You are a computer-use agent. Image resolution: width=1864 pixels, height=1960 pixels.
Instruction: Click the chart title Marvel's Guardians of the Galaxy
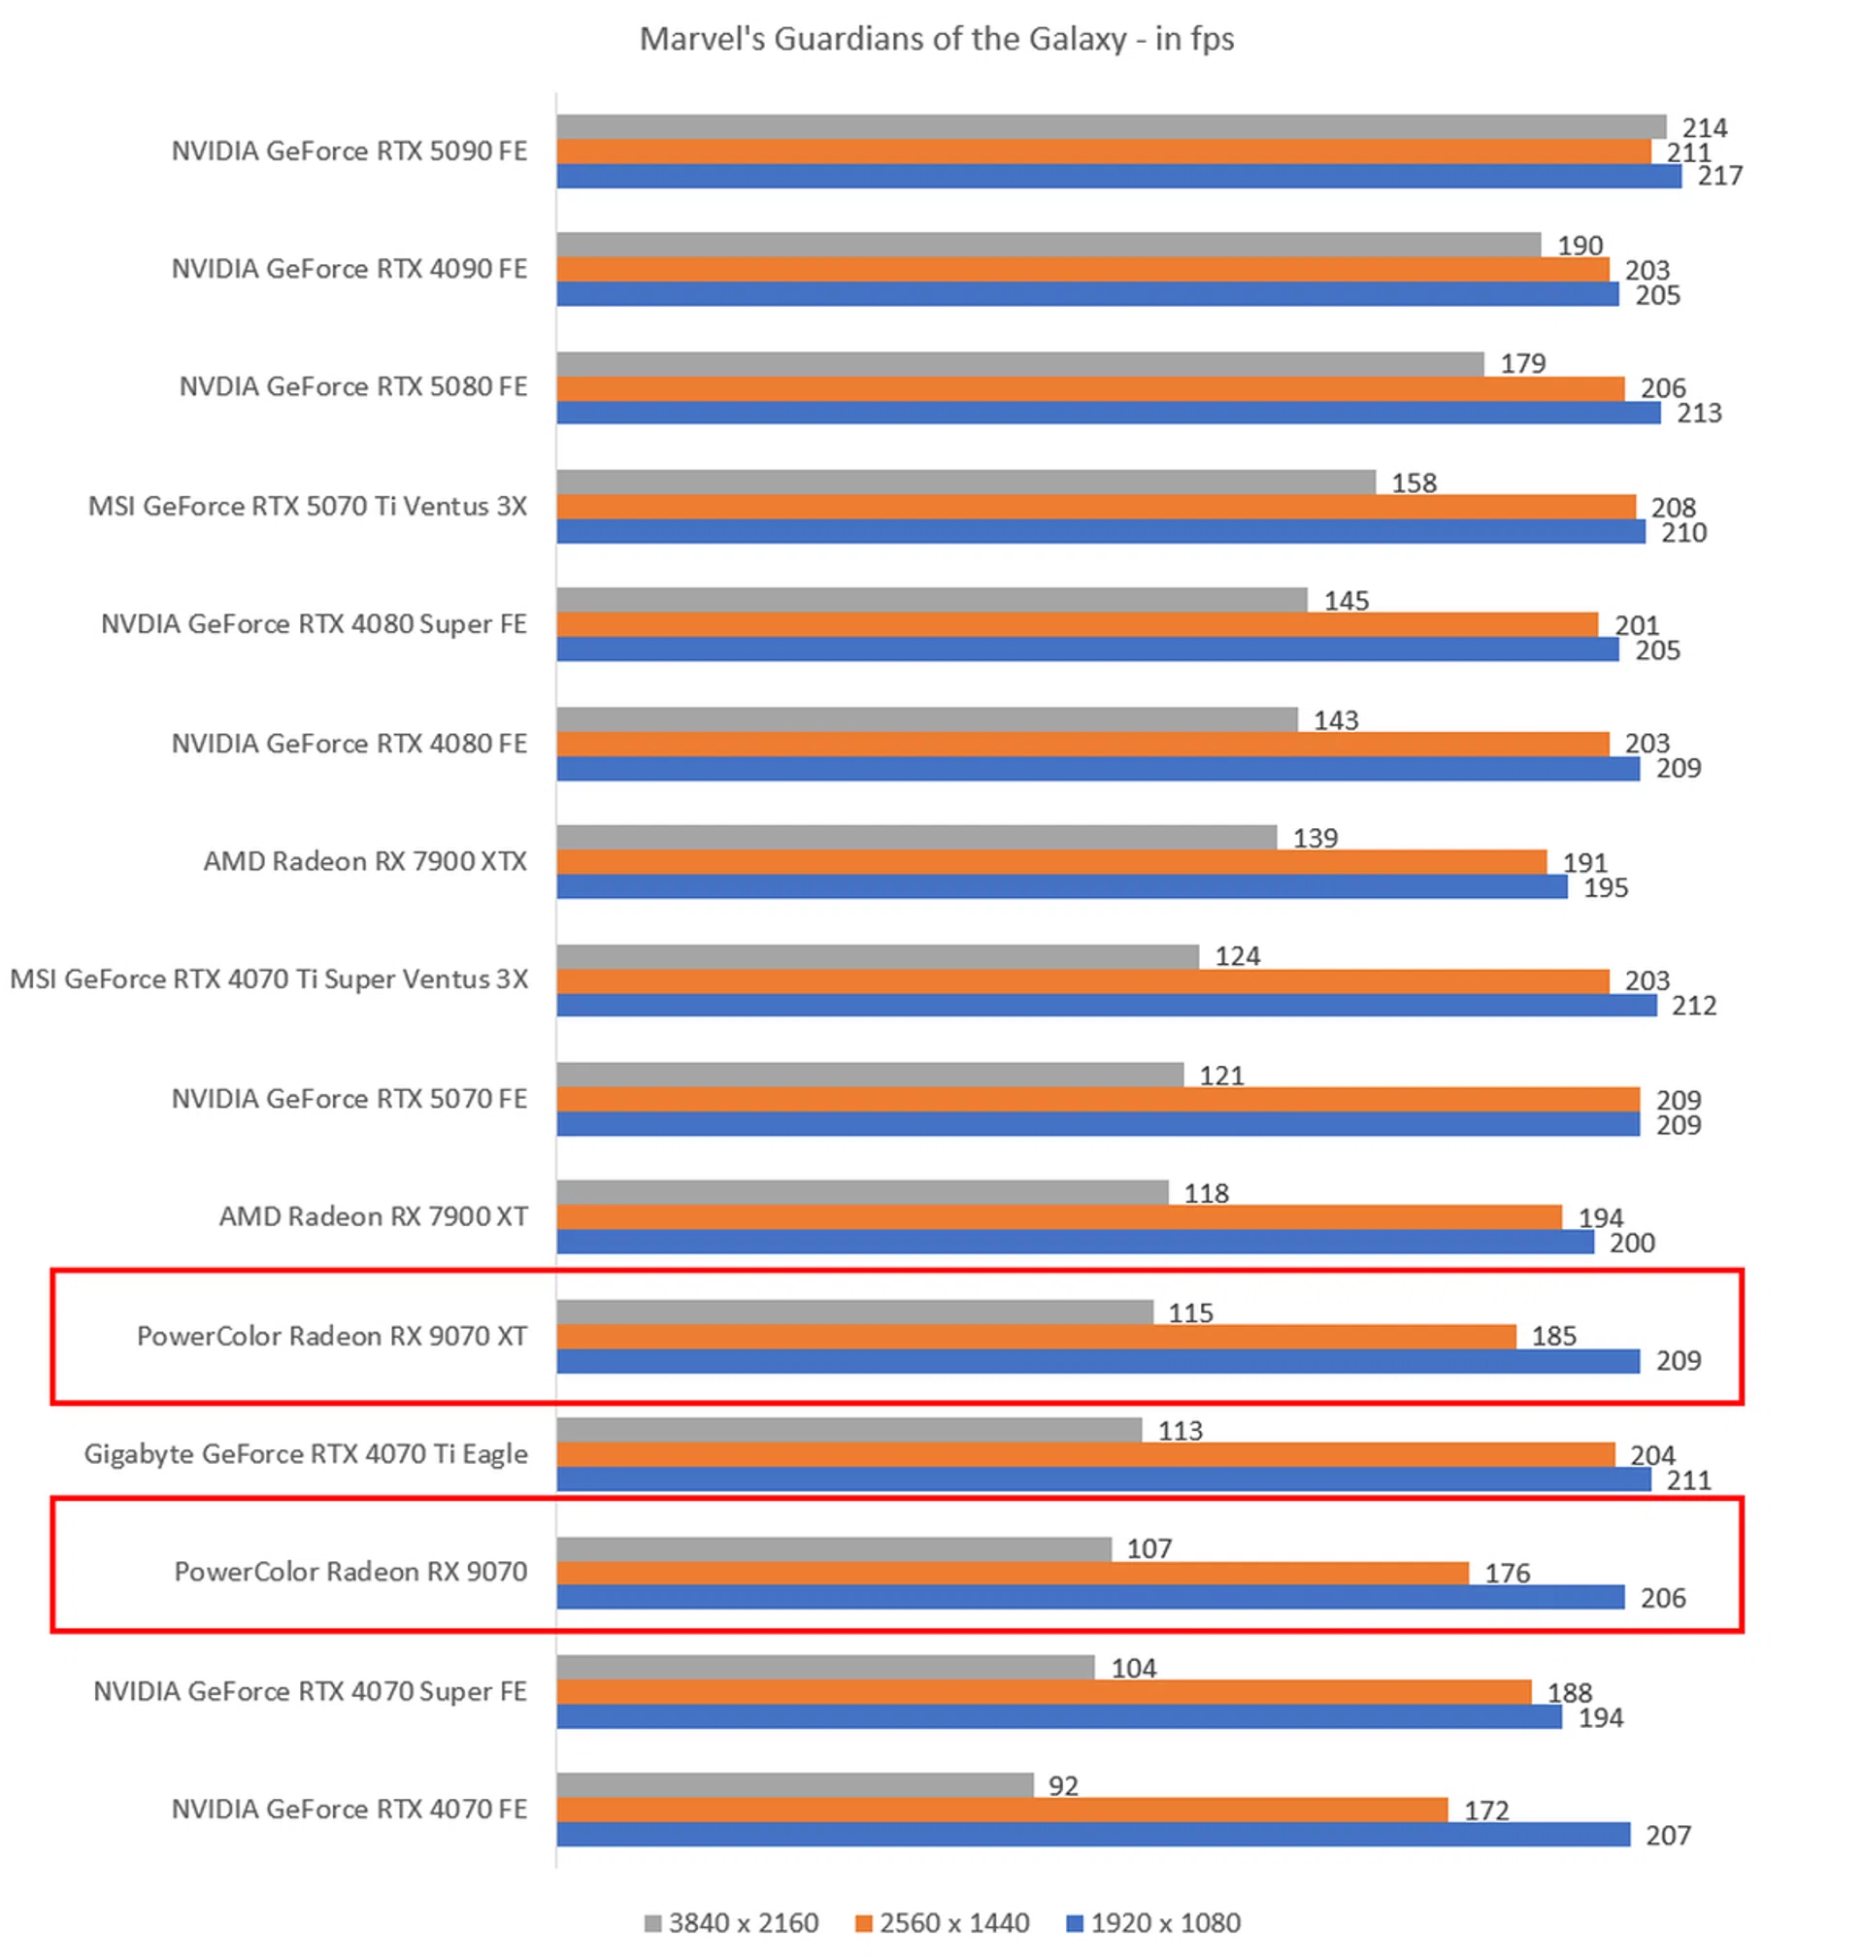pyautogui.click(x=936, y=39)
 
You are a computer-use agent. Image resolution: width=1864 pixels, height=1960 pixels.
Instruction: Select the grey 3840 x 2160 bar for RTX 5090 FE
pyautogui.click(x=1110, y=127)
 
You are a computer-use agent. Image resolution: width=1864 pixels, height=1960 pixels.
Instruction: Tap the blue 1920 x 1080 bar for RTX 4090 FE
pyautogui.click(x=1087, y=294)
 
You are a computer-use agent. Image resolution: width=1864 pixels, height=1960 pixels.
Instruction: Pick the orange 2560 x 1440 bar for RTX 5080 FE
pyautogui.click(x=1090, y=388)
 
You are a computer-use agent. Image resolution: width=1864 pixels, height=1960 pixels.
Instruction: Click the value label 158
pyautogui.click(x=1413, y=482)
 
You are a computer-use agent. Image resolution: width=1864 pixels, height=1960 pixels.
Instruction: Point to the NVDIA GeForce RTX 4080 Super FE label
pyautogui.click(x=314, y=624)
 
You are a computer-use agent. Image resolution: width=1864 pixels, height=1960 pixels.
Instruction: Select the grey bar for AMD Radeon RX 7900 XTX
pyautogui.click(x=916, y=838)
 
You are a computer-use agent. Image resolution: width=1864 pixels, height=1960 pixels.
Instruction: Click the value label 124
pyautogui.click(x=1237, y=955)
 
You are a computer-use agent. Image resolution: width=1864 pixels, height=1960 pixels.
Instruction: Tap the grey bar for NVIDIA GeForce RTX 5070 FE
pyautogui.click(x=870, y=1074)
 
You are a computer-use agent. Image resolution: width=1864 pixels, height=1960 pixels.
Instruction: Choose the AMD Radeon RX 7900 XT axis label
pyautogui.click(x=374, y=1216)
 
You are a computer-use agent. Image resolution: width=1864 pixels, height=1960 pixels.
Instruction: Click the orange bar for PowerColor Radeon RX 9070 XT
pyautogui.click(x=1035, y=1336)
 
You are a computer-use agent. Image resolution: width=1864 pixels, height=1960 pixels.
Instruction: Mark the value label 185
pyautogui.click(x=1553, y=1336)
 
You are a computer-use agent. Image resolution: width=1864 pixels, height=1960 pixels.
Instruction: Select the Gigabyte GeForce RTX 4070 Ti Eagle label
pyautogui.click(x=306, y=1453)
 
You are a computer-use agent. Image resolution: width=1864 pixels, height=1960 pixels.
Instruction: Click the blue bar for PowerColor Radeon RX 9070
pyautogui.click(x=1090, y=1597)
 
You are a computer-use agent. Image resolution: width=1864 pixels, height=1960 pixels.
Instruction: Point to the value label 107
pyautogui.click(x=1148, y=1547)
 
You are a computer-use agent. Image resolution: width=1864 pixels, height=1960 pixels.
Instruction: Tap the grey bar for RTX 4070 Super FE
pyautogui.click(x=824, y=1667)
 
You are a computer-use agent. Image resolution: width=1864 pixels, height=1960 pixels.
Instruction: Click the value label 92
pyautogui.click(x=1062, y=1785)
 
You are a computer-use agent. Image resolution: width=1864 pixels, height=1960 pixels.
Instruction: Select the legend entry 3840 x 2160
pyautogui.click(x=732, y=1923)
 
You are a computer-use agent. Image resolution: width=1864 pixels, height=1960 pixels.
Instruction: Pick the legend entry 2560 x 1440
pyautogui.click(x=943, y=1923)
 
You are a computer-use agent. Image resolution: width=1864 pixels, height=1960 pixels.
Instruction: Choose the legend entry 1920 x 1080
pyautogui.click(x=1153, y=1923)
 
